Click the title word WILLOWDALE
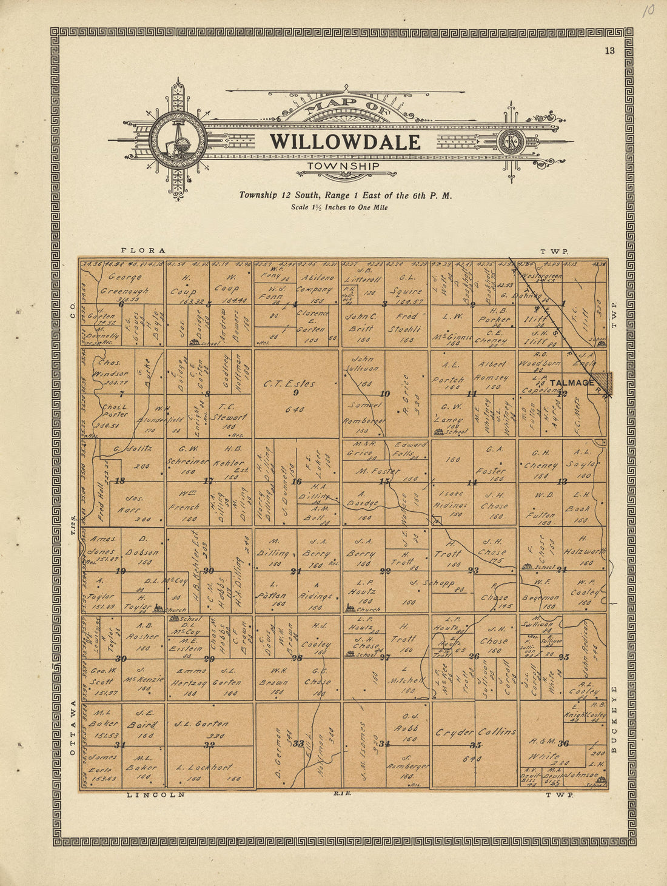tap(345, 142)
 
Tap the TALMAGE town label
tap(572, 383)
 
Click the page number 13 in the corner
tap(609, 51)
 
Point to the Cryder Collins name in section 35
tap(475, 732)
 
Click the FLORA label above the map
tap(143, 250)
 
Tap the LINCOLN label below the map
tap(155, 794)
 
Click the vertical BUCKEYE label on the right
tap(614, 720)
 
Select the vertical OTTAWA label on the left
tap(72, 728)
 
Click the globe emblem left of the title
tap(178, 141)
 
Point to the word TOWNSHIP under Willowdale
tap(343, 166)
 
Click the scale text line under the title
tap(339, 207)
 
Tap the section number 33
tap(298, 743)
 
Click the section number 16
tap(297, 482)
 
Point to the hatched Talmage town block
tap(603, 383)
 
